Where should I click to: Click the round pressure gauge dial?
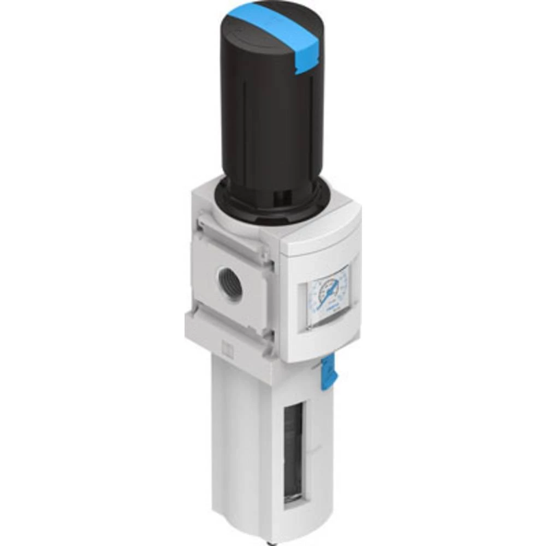click(328, 295)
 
